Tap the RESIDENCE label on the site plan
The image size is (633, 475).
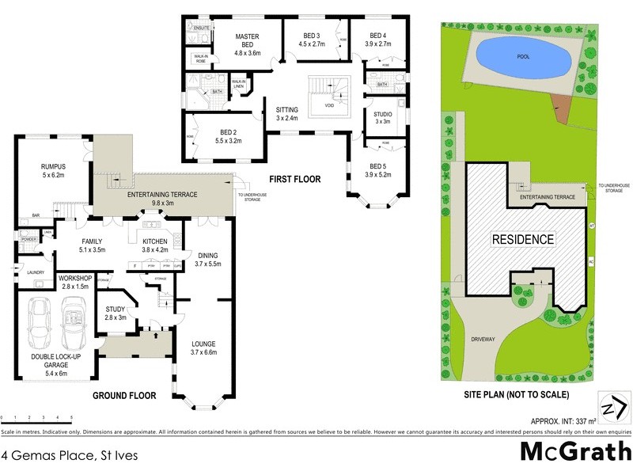523,239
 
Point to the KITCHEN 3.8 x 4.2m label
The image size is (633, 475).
156,246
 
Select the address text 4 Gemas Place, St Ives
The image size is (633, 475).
59,454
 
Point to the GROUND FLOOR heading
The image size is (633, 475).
124,395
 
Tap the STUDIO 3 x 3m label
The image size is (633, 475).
383,117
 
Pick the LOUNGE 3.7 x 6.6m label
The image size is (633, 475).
203,347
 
